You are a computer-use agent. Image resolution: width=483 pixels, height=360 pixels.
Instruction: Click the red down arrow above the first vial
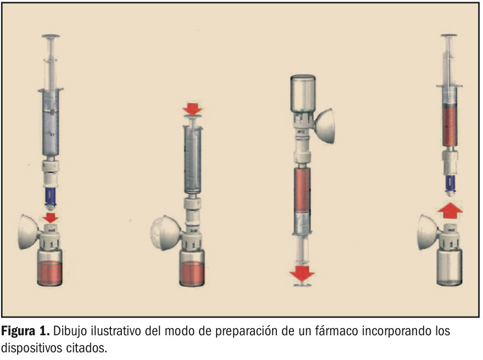50,217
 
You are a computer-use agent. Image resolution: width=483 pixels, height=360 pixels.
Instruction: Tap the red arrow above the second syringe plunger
192,109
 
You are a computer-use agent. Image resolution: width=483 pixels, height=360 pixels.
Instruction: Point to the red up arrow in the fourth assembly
450,211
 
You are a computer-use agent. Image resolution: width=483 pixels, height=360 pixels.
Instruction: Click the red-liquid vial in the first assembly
49,268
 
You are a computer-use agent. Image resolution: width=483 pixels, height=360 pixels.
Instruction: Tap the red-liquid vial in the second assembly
192,268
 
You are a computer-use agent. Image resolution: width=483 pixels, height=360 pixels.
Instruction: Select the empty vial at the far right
449,268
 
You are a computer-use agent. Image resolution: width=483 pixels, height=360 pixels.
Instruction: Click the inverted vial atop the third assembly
303,93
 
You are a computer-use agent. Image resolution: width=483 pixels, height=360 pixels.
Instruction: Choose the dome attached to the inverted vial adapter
324,126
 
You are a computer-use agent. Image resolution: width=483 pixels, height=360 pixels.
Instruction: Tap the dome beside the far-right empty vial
428,232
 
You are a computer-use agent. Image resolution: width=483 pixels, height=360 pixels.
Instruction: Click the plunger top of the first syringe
51,36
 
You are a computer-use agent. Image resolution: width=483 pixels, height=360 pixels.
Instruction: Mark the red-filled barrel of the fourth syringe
449,125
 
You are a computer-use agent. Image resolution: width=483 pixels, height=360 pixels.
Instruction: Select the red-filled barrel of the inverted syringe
302,190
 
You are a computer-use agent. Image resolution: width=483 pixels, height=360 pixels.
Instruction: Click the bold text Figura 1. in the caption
26,331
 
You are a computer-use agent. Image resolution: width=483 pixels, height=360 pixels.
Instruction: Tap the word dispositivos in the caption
31,348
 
